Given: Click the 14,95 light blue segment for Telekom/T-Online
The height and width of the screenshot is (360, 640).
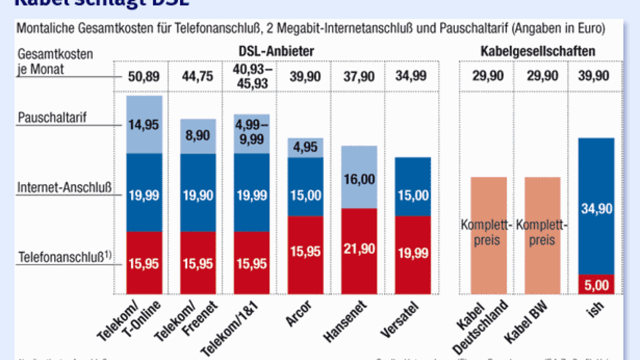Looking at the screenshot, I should [x=145, y=125].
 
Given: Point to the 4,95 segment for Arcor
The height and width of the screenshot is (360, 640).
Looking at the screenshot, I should [x=305, y=148].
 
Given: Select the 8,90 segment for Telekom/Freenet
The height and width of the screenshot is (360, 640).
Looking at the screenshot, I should [x=198, y=137].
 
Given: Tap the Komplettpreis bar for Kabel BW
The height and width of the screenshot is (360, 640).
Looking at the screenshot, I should [x=542, y=236].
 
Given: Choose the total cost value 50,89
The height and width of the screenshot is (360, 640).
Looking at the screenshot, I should [x=144, y=77].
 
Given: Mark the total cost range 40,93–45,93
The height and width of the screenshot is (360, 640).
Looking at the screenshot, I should [x=251, y=77].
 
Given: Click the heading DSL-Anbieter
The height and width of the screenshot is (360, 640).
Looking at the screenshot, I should [x=277, y=52].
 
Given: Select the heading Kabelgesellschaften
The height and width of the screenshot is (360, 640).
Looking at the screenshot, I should [x=538, y=52].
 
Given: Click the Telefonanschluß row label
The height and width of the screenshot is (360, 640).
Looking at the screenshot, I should [x=65, y=256].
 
